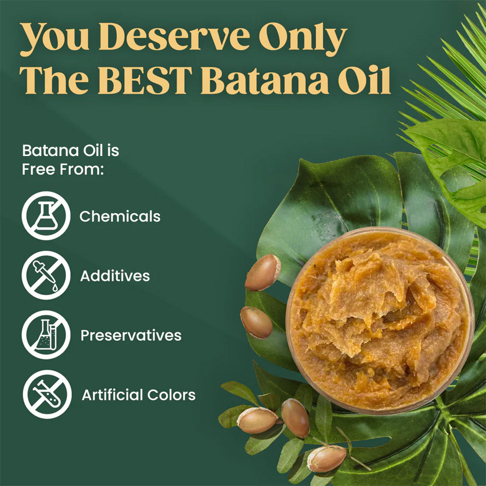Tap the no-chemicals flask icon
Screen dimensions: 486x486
pyautogui.click(x=46, y=216)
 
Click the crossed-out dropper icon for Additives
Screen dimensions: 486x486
pyautogui.click(x=46, y=276)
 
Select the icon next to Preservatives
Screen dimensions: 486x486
pyautogui.click(x=46, y=335)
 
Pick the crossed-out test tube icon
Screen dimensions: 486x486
pyautogui.click(x=47, y=394)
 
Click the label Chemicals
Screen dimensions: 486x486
pyautogui.click(x=120, y=216)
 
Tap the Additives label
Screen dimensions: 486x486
pyautogui.click(x=115, y=276)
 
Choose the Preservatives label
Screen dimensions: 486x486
pyautogui.click(x=131, y=335)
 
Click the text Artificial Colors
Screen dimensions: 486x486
pyautogui.click(x=139, y=395)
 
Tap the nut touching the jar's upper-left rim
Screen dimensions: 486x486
pyautogui.click(x=263, y=272)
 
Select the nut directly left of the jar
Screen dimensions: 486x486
pyautogui.click(x=257, y=322)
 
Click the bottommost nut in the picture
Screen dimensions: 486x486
pyautogui.click(x=327, y=458)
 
